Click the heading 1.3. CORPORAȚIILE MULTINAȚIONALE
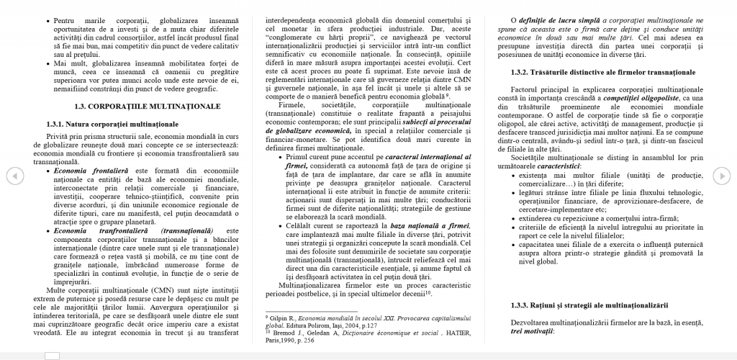coord(148,106)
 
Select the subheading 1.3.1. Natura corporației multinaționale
coord(112,124)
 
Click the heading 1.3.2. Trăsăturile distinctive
coord(602,72)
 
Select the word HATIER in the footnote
coord(448,333)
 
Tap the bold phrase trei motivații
coord(533,331)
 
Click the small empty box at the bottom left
coord(52,355)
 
